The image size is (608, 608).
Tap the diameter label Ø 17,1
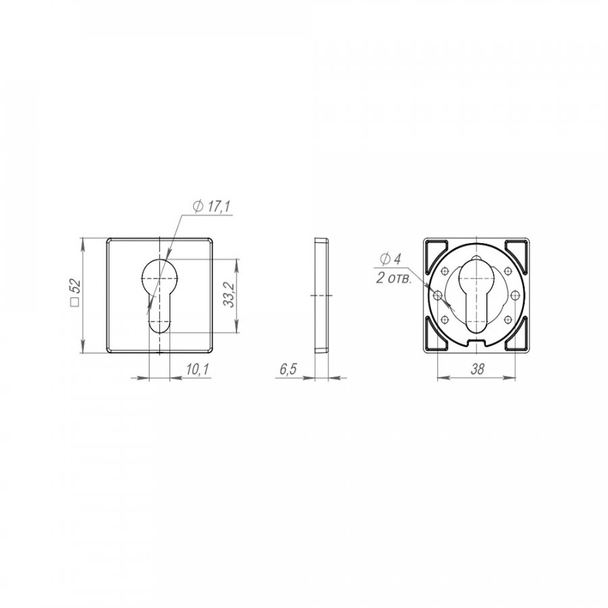pyautogui.click(x=211, y=207)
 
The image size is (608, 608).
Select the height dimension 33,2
pyautogui.click(x=230, y=295)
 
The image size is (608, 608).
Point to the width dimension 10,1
pyautogui.click(x=197, y=369)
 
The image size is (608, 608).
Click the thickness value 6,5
pyautogui.click(x=288, y=369)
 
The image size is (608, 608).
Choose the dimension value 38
pyautogui.click(x=478, y=369)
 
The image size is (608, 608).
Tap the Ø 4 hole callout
pyautogui.click(x=390, y=259)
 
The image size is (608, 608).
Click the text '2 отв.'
pyautogui.click(x=393, y=278)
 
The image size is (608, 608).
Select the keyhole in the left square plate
pyautogui.click(x=159, y=295)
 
